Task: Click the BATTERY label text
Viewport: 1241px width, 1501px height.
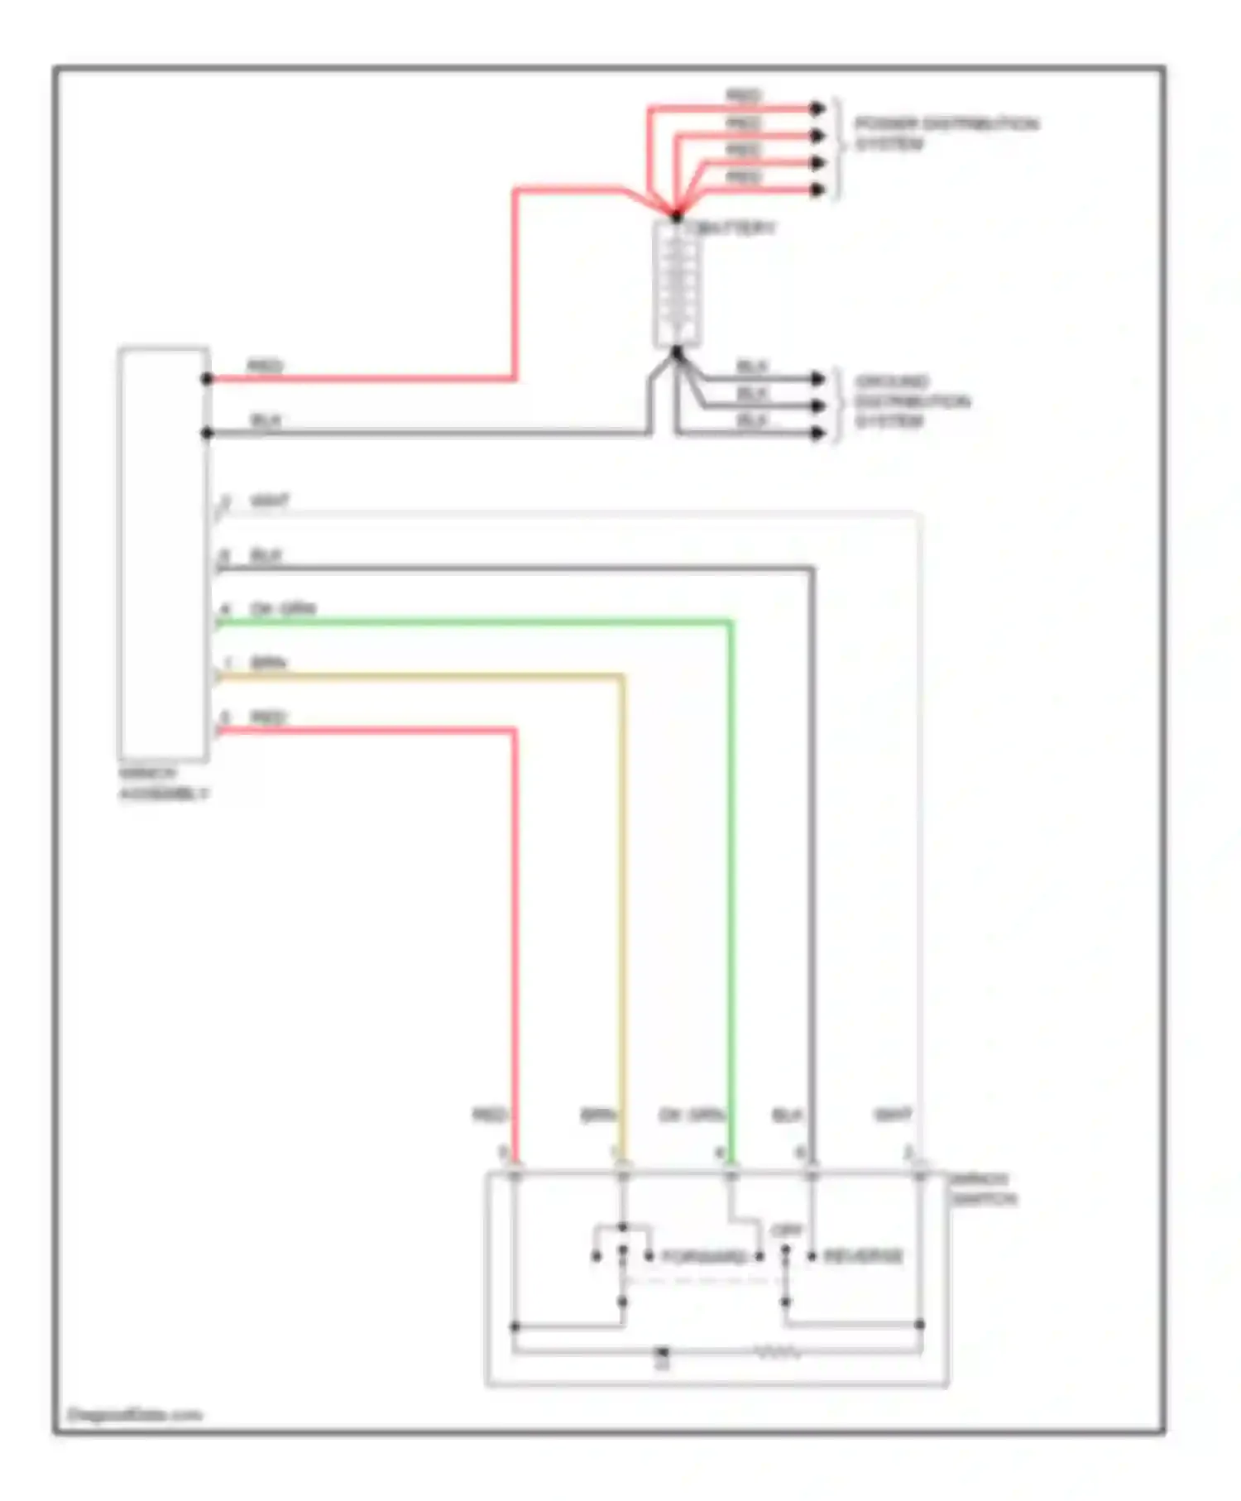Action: pos(736,228)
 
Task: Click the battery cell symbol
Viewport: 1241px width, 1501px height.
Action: pos(677,283)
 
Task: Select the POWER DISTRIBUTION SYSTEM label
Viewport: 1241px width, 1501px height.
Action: pos(946,133)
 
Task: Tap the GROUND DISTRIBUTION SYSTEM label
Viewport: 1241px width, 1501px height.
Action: pos(910,401)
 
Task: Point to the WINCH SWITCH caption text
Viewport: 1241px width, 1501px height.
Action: pos(982,1189)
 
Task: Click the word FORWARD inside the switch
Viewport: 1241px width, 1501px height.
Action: pos(704,1257)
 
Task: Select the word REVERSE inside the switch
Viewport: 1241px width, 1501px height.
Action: pos(863,1256)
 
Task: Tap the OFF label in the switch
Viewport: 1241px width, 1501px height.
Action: pos(786,1231)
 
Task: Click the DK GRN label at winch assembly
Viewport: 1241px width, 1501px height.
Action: pos(283,609)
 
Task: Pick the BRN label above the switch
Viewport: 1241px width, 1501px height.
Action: pos(598,1116)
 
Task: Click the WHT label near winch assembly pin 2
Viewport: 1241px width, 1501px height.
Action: pos(270,501)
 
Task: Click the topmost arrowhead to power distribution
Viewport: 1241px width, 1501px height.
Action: pos(817,108)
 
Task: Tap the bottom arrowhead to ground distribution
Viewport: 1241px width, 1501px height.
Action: pos(817,433)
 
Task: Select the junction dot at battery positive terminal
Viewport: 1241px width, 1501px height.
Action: pos(677,216)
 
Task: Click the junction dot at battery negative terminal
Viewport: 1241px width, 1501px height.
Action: pos(677,353)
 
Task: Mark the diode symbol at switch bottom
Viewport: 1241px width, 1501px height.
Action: pos(662,1354)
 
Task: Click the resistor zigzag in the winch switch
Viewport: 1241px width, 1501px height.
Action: pos(778,1353)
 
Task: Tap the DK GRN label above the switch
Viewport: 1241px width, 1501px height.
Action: pos(691,1116)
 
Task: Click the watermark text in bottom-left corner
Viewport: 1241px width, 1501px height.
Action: pos(134,1414)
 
